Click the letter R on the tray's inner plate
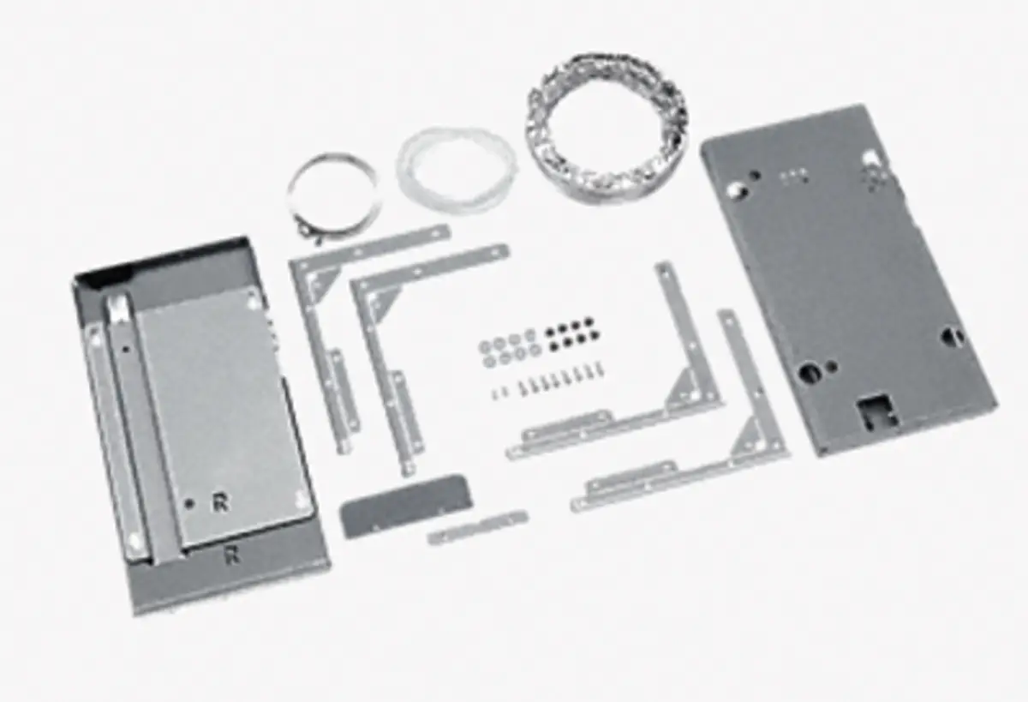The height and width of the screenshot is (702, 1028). [x=221, y=503]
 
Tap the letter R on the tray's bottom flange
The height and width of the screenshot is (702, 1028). [x=232, y=555]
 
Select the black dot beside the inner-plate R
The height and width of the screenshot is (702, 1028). [x=188, y=504]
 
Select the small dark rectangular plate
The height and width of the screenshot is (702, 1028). [x=406, y=505]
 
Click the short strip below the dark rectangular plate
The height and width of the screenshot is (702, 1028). [x=477, y=527]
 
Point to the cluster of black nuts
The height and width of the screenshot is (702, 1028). [x=573, y=331]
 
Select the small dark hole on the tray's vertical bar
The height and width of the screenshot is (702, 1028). [x=126, y=350]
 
